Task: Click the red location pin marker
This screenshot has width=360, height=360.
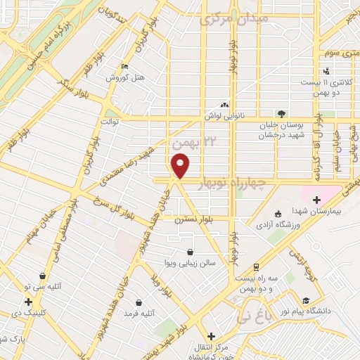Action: [181, 166]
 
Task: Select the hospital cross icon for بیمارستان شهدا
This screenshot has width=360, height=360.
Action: [316, 200]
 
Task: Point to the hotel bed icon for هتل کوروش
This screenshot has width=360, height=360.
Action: [125, 67]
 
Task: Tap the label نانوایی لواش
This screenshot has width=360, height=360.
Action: [224, 114]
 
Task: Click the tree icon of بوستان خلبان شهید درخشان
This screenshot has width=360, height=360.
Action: [282, 113]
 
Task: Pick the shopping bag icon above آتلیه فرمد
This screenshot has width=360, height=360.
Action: [139, 302]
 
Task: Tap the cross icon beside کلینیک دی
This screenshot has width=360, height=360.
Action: [27, 302]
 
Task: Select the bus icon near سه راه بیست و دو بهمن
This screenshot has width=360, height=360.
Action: [255, 268]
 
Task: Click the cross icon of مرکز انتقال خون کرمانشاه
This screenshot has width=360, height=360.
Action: [210, 336]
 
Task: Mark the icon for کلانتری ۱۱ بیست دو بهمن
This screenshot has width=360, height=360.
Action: [326, 71]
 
